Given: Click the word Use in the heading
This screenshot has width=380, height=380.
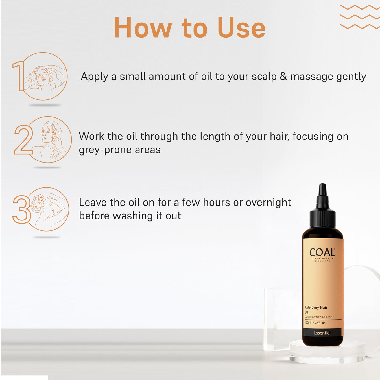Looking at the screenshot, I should click(241, 28).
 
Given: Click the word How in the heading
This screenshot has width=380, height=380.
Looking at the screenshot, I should click(143, 28).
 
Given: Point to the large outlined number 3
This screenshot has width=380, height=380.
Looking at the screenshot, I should click(21, 209).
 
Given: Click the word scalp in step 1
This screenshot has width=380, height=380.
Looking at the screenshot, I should click(264, 77).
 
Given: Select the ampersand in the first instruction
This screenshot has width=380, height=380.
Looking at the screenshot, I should click(283, 77).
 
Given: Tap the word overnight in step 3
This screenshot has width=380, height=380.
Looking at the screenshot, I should click(268, 203).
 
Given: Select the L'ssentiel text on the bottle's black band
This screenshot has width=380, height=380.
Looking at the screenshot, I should click(322, 333).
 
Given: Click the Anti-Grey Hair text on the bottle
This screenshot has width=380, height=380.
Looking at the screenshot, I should click(316, 307).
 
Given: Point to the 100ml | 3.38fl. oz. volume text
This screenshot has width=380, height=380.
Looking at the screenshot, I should click(315, 323).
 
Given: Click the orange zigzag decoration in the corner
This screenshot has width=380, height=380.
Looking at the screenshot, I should click(360, 17).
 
